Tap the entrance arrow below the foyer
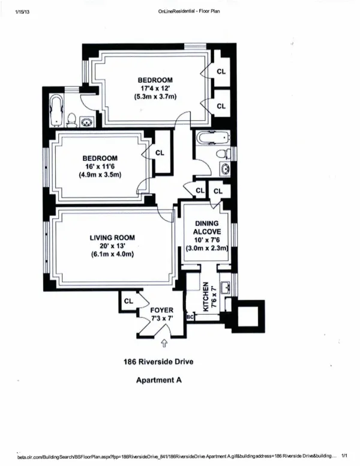coord(164,343)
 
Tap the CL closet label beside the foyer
coord(128,301)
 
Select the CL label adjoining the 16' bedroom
coord(159,153)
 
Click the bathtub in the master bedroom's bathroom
coord(58,110)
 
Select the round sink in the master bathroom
coord(88,121)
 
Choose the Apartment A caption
coord(158,380)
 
